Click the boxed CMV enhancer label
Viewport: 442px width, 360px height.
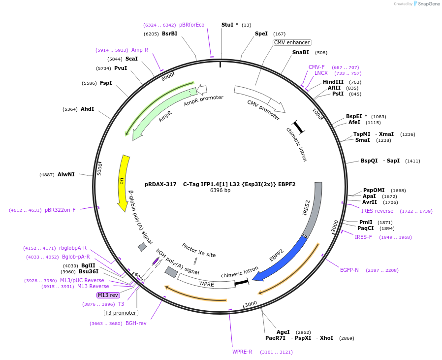[292, 43]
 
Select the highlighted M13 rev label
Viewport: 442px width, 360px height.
[108, 295]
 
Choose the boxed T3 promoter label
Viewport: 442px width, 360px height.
[121, 313]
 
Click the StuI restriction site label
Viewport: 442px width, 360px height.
[229, 25]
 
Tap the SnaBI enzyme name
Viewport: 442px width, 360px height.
[301, 52]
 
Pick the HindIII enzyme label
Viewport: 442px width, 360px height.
[333, 82]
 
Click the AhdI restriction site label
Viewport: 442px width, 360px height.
[87, 109]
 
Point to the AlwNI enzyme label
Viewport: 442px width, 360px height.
[66, 174]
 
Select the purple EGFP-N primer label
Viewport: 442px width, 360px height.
[349, 270]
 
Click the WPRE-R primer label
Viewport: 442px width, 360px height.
[242, 352]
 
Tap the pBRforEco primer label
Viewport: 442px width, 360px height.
[191, 25]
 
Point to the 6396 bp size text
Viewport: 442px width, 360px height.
[220, 191]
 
